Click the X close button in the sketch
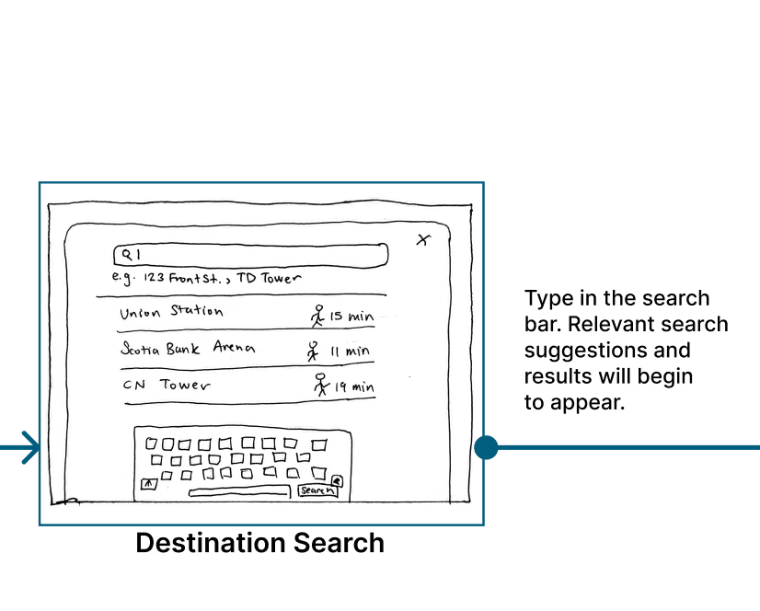(x=423, y=240)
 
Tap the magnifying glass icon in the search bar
(x=120, y=253)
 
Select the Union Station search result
(x=171, y=312)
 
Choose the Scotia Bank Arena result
(x=188, y=349)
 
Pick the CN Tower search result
(x=167, y=386)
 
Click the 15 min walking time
(x=351, y=317)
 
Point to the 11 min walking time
(x=350, y=352)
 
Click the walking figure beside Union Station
(x=317, y=316)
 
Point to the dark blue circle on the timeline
(x=486, y=448)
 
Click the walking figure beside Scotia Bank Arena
(x=313, y=351)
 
